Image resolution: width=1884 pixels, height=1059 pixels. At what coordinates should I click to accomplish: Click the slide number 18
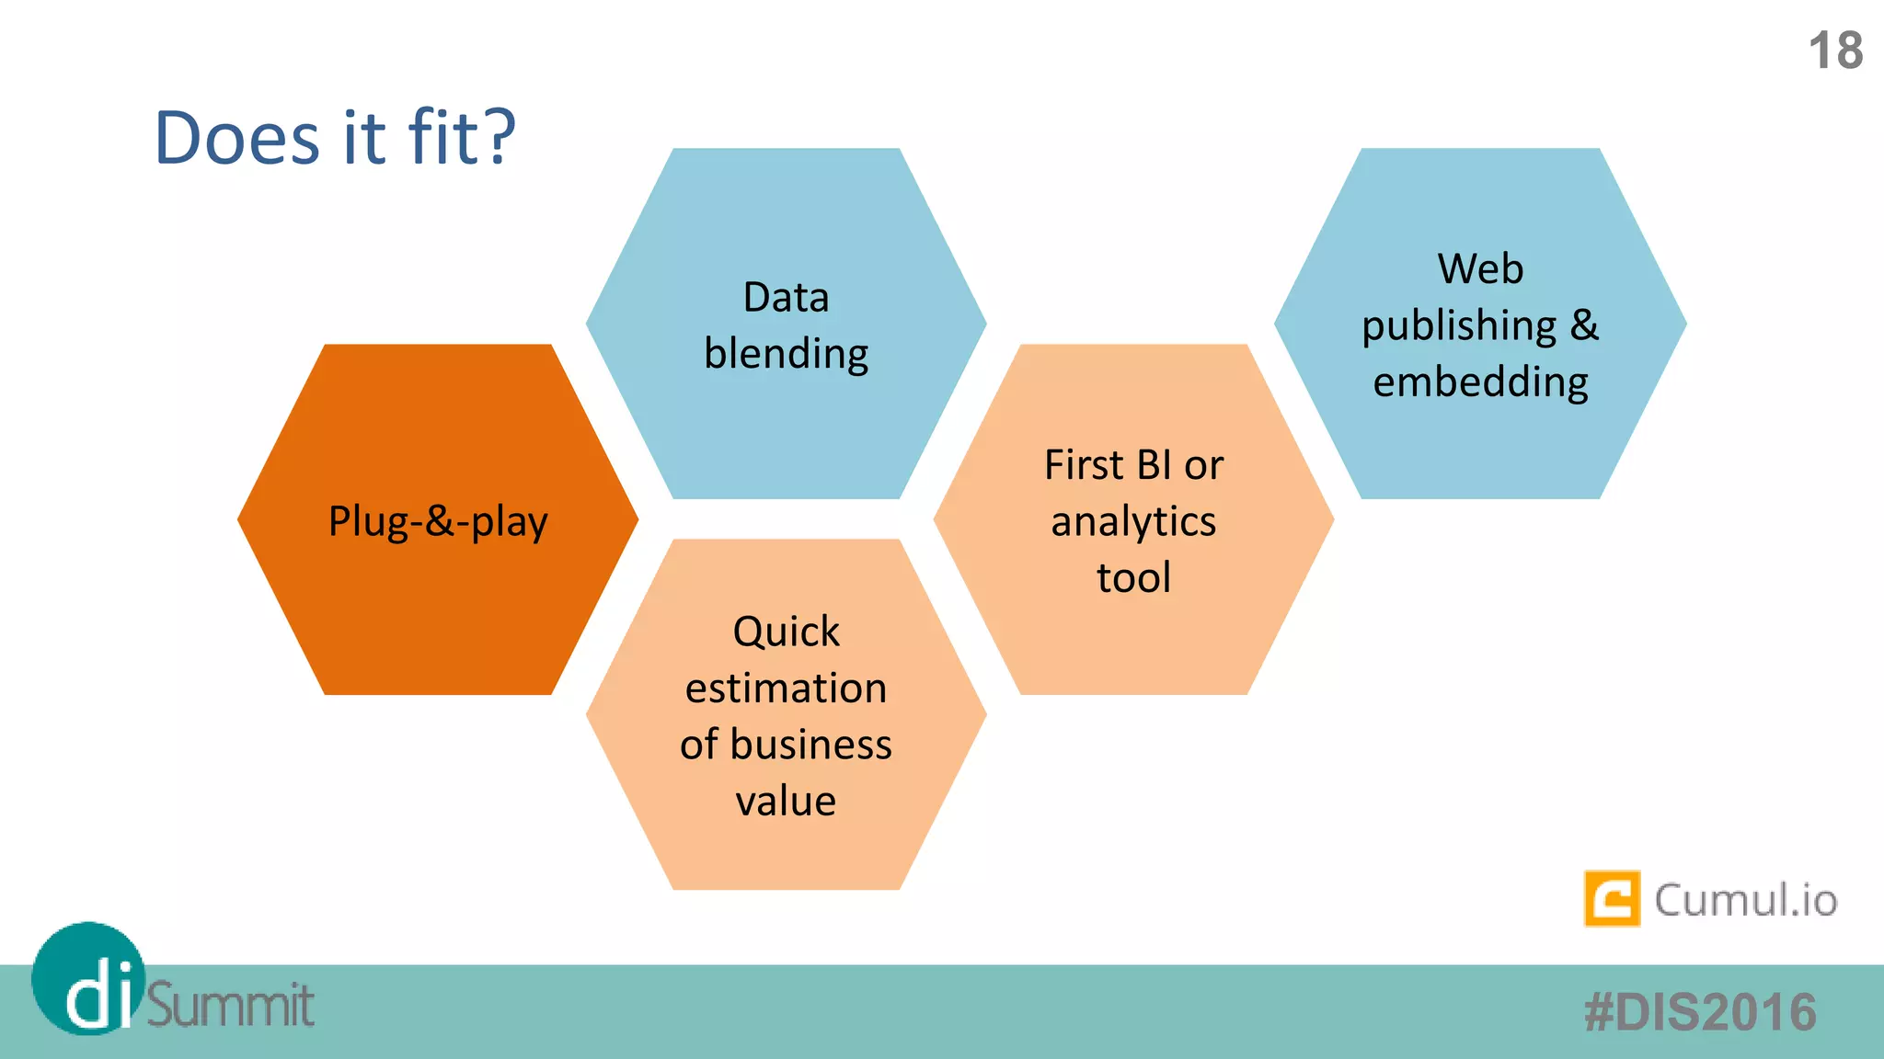click(x=1835, y=51)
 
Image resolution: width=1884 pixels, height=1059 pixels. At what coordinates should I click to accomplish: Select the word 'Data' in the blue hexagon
click(x=786, y=298)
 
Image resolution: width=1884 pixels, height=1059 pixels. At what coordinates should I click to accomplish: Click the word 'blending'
click(x=786, y=354)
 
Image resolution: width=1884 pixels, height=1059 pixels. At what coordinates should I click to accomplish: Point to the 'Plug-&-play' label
click(x=438, y=521)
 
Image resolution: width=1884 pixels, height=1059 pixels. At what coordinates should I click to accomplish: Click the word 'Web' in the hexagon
click(x=1480, y=269)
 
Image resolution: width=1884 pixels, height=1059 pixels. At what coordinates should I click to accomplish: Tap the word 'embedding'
click(x=1480, y=381)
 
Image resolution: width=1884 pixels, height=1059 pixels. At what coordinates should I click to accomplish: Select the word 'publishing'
click(x=1459, y=326)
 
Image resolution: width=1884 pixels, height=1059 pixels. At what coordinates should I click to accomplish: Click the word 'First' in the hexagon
click(x=1084, y=465)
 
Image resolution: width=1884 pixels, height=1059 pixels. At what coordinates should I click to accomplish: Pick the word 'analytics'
click(x=1133, y=522)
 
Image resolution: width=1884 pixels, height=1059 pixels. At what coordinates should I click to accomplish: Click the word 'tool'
click(x=1133, y=578)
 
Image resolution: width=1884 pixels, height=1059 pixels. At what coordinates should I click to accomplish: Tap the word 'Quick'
click(x=786, y=632)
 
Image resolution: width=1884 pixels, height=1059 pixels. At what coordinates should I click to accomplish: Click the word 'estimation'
click(x=786, y=689)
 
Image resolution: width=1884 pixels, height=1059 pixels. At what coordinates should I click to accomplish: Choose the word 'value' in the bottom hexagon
click(x=786, y=801)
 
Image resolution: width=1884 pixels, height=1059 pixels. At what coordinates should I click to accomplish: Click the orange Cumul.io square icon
click(x=1612, y=898)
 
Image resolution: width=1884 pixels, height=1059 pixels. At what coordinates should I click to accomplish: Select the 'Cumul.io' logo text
click(x=1745, y=900)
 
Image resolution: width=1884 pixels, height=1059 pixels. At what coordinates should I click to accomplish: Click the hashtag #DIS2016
click(x=1700, y=1012)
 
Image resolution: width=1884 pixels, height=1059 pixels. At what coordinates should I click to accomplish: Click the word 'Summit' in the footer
click(x=230, y=1005)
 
